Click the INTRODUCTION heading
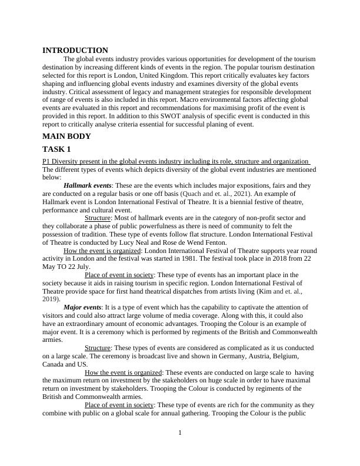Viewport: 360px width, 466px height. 75,51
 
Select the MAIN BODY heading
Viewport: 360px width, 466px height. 66,137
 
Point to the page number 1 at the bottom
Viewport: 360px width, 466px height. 180,434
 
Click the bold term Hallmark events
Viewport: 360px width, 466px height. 88,185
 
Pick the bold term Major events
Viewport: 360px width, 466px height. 82,307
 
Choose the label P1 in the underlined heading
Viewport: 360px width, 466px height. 47,161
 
